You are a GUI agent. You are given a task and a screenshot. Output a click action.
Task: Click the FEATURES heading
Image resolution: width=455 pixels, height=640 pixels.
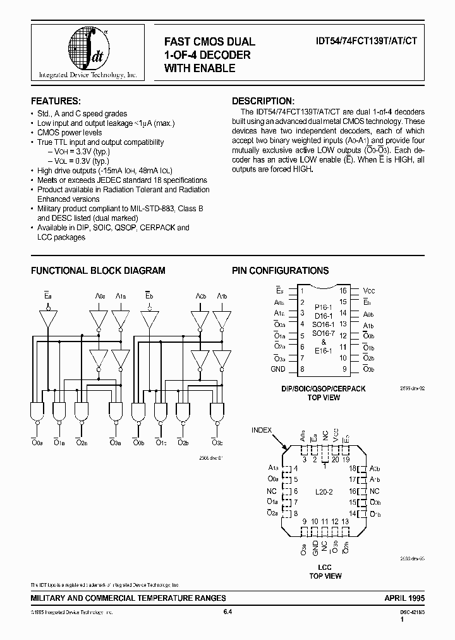tap(56, 101)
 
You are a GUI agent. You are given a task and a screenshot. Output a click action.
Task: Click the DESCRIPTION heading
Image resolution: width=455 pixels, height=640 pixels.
tap(263, 101)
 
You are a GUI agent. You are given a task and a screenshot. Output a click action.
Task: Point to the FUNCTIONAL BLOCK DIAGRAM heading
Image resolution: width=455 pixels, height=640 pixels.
tap(98, 271)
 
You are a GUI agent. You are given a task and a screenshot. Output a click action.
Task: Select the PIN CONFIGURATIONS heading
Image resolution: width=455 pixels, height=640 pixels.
tap(280, 271)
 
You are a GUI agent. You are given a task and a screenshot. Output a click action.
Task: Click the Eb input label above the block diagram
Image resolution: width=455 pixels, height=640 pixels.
tap(149, 296)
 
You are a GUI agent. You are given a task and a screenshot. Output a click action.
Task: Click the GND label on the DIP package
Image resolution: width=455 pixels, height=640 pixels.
tap(278, 369)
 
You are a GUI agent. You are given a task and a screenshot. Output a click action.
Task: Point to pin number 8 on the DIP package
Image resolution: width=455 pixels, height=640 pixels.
tap(302, 369)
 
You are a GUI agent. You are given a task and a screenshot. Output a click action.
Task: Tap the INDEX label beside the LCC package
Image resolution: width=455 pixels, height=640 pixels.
tap(262, 431)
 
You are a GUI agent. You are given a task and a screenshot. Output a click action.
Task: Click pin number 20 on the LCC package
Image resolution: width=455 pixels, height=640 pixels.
tap(335, 459)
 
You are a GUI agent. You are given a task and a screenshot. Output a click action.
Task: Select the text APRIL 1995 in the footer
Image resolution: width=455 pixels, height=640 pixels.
tap(404, 598)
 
